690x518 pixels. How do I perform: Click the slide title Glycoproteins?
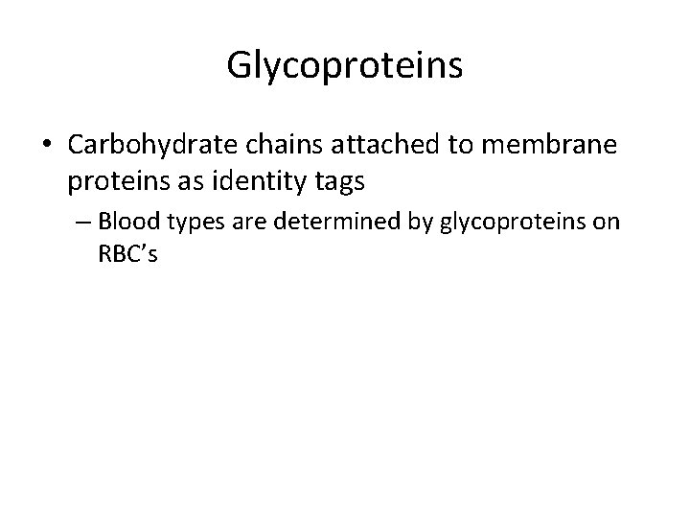click(345, 65)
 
